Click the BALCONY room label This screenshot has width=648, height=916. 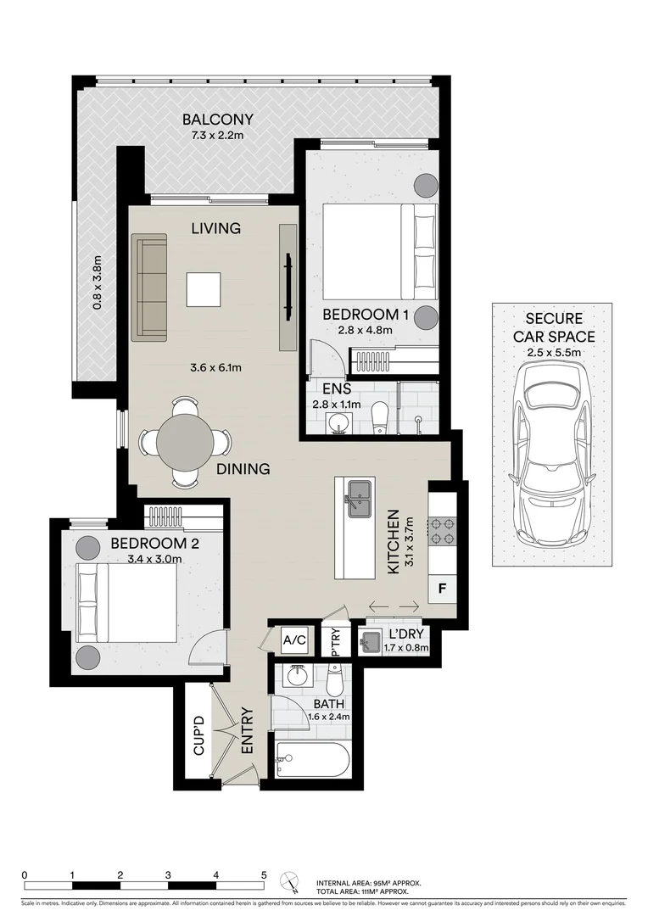tap(217, 120)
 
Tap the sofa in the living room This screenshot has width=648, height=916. tap(149, 288)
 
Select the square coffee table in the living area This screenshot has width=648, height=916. tap(204, 289)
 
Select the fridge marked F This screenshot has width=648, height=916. tap(442, 587)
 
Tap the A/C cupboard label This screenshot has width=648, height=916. tap(293, 640)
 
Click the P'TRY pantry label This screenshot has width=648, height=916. tap(336, 642)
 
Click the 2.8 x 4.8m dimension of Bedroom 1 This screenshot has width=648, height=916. tap(366, 330)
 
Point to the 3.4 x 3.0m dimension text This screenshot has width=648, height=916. tap(154, 559)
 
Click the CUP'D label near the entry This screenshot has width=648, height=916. tap(198, 736)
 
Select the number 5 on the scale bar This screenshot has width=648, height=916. tap(264, 874)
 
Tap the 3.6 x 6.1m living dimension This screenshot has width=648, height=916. tap(215, 367)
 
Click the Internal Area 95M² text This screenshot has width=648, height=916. tap(368, 883)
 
